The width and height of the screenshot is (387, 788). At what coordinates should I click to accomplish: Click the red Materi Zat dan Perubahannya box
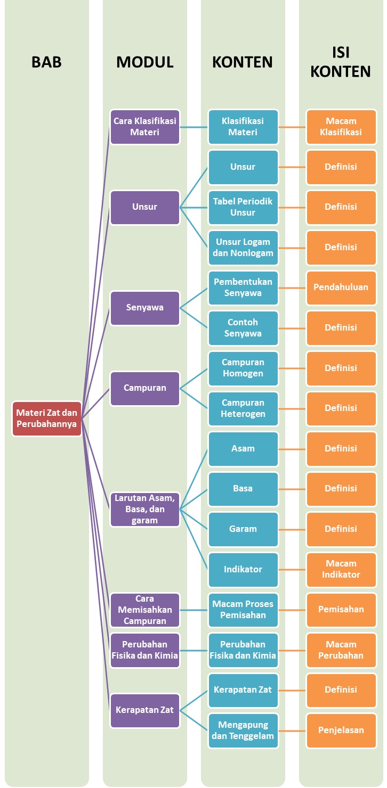[47, 418]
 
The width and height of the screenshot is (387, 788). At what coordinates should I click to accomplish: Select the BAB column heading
[47, 62]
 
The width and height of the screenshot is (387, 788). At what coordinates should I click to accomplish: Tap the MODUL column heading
[145, 62]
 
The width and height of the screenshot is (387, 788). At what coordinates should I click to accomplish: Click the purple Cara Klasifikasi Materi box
[145, 127]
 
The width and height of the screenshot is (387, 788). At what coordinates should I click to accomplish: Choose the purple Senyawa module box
[145, 308]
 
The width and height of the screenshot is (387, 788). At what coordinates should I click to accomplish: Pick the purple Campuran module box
[145, 388]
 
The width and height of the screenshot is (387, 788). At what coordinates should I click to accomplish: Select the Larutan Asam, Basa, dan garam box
[145, 509]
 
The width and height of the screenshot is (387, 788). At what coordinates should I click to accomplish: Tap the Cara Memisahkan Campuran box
[145, 610]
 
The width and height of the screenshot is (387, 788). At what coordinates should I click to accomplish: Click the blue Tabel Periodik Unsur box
[243, 207]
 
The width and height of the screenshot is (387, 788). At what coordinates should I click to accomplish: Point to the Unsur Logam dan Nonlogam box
[243, 248]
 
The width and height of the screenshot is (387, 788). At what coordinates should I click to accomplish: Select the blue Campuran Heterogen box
[243, 408]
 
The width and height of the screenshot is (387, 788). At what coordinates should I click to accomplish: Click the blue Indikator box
[243, 569]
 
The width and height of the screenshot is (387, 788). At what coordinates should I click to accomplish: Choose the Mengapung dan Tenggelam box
[243, 730]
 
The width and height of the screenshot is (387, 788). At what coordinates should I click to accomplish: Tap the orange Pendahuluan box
[341, 288]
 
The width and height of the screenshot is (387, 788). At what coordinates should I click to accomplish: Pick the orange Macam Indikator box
[341, 569]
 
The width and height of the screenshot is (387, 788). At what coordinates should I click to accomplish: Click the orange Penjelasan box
[341, 730]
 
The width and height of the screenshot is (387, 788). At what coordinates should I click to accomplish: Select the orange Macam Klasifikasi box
[341, 127]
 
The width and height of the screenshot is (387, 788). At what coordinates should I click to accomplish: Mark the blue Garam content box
[243, 529]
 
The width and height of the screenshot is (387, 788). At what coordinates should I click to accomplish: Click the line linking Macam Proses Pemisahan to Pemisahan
[292, 610]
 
